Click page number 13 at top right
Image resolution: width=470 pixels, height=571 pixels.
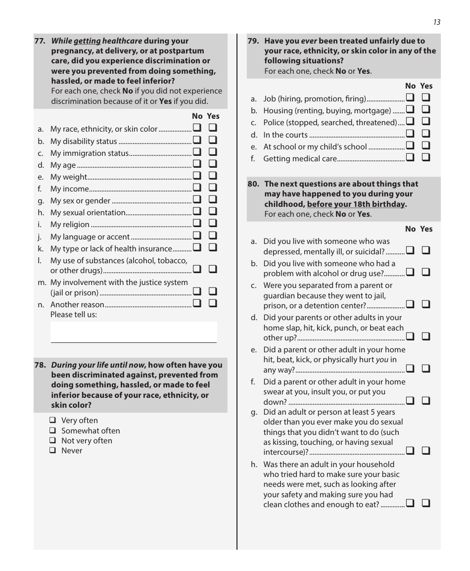tap(436, 22)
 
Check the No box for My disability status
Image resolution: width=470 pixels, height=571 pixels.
tap(197, 141)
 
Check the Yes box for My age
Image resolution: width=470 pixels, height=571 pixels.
tap(213, 164)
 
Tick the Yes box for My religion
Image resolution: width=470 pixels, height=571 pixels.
tap(213, 224)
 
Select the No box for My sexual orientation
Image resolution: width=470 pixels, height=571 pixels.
tap(197, 212)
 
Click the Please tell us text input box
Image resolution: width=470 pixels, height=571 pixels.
tap(134, 332)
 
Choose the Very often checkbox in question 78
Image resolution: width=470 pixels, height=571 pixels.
tap(52, 421)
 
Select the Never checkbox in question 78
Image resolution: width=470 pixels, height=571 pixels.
tap(52, 451)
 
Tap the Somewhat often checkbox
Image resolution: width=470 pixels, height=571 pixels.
tap(52, 431)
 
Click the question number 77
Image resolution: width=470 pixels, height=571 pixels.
tap(40, 41)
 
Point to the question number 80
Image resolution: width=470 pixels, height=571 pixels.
tap(253, 184)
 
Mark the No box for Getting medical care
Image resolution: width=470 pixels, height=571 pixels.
tap(410, 158)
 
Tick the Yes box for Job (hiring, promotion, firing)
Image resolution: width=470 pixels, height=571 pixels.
tap(426, 98)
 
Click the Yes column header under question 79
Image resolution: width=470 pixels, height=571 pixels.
tap(426, 86)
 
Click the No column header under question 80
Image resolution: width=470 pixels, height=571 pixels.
tap(410, 229)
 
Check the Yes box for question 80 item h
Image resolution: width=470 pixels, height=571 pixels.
tap(426, 504)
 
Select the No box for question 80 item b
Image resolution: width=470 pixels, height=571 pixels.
tap(410, 273)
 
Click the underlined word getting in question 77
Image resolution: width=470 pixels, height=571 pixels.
tap(88, 41)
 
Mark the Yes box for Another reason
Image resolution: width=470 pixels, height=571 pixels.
tap(213, 304)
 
